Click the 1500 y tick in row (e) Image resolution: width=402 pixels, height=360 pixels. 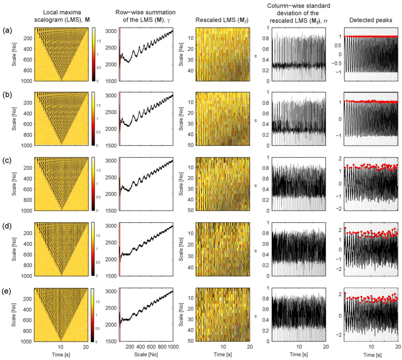99,341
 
